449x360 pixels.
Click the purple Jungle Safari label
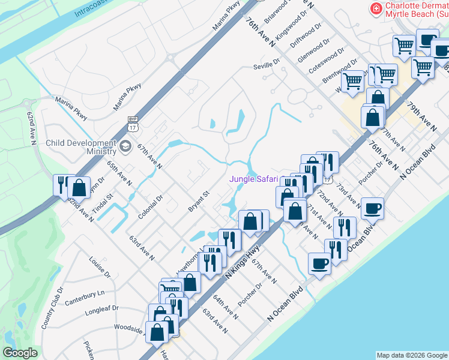[253, 179]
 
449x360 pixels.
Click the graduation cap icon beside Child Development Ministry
[125, 146]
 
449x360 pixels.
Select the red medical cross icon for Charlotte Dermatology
[376, 8]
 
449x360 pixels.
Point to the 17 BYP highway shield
[133, 125]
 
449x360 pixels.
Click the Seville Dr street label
[267, 62]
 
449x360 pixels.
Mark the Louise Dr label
[100, 267]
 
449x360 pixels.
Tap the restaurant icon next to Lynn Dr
[62, 184]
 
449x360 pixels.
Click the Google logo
[20, 353]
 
